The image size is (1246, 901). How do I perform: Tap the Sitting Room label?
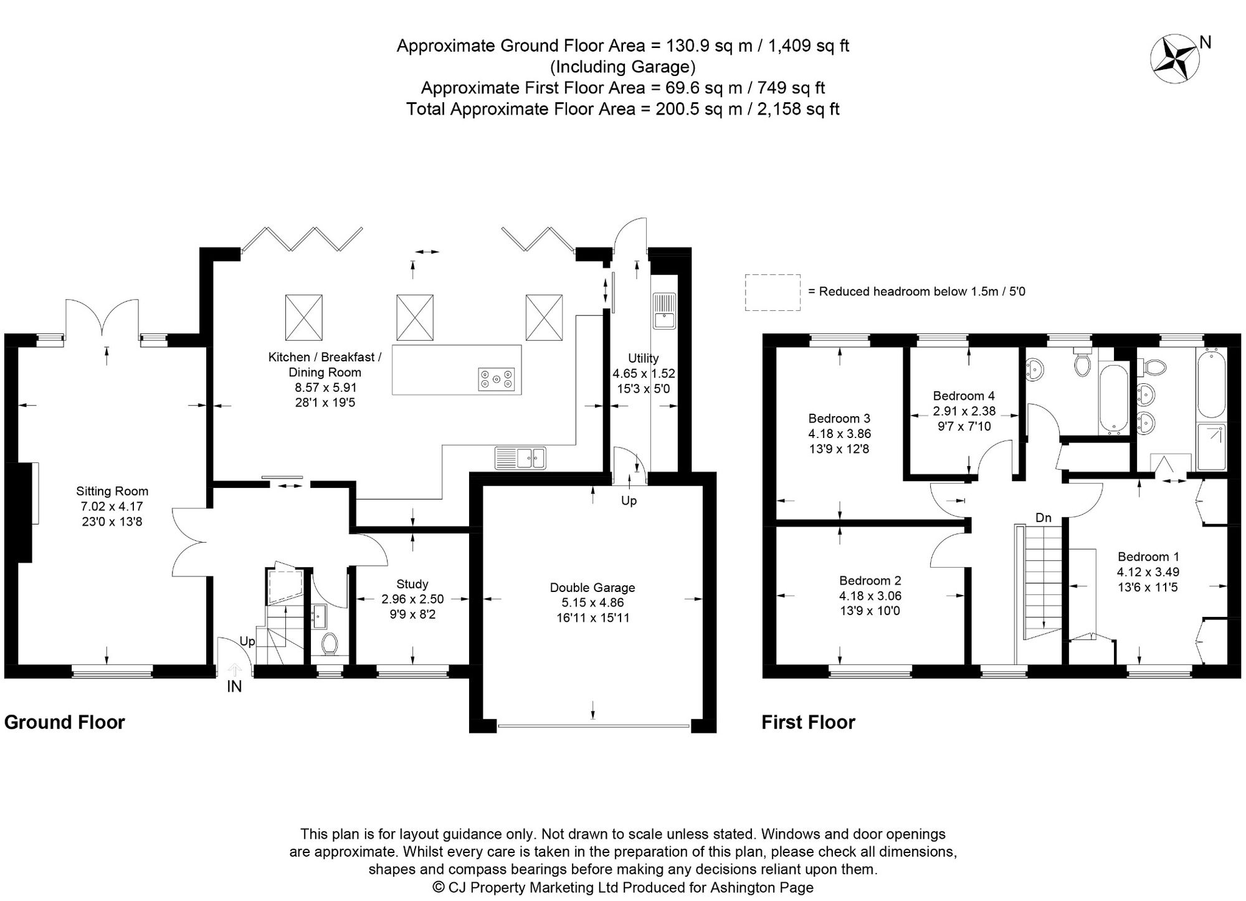112,492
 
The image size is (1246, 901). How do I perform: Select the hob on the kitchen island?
497,379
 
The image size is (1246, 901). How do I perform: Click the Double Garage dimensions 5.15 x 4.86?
592,603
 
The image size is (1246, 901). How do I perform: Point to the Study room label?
412,584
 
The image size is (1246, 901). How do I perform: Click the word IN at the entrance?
234,687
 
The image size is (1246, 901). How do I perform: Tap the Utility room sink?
664,310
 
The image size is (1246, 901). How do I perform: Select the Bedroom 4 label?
963,396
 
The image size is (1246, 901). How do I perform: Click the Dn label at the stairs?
1043,518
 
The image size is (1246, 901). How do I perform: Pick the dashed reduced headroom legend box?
773,292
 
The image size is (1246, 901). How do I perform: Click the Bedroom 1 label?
1148,556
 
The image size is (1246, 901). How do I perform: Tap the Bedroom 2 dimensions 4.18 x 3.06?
870,596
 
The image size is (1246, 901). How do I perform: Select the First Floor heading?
808,722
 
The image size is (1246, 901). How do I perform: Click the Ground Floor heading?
65,722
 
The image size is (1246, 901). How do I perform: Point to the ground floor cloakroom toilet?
330,644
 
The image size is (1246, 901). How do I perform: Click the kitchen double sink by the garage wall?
521,458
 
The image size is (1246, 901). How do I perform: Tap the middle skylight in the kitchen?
415,318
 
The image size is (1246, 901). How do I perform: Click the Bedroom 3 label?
839,419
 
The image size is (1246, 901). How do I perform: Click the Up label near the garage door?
629,501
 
